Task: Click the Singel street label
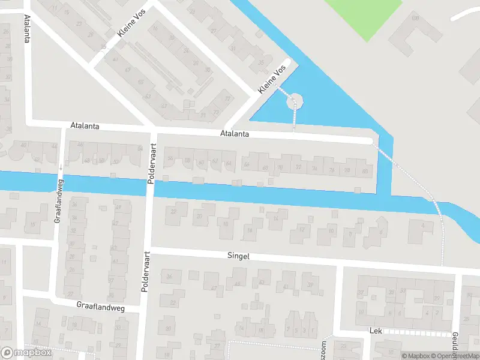(x=238, y=256)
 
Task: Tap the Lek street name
(x=376, y=331)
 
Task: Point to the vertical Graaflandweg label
(x=59, y=203)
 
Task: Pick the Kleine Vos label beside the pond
(x=271, y=80)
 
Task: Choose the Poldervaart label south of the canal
(x=145, y=271)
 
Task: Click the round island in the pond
(x=295, y=101)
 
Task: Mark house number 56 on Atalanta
(x=170, y=158)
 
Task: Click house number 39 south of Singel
(x=310, y=285)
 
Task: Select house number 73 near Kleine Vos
(x=217, y=112)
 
